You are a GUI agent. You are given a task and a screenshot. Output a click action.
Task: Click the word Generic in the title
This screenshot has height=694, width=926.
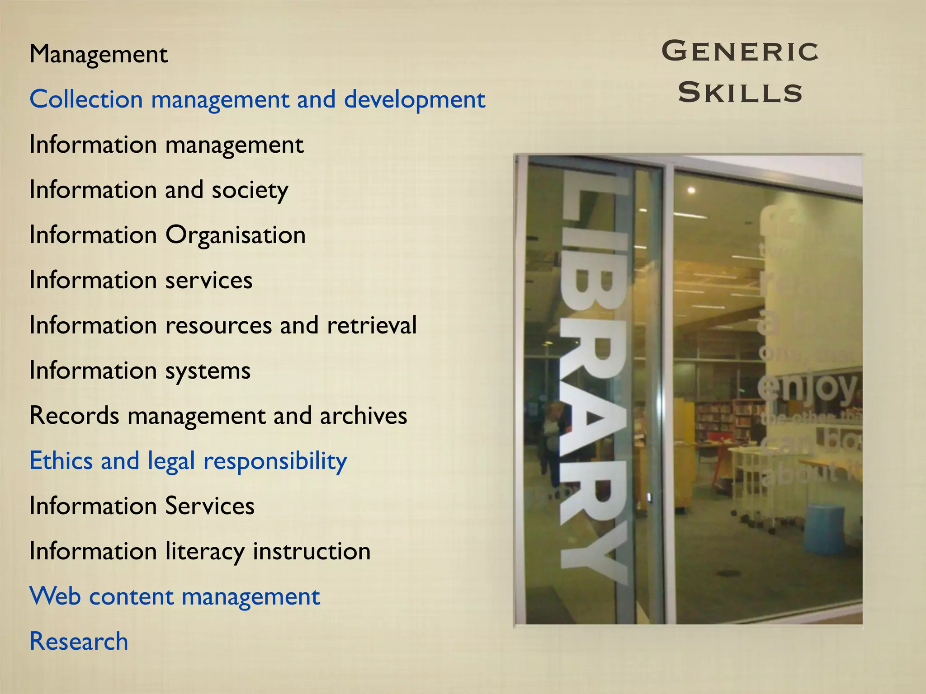(740, 51)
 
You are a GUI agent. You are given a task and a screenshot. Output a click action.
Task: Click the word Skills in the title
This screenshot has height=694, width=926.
(740, 93)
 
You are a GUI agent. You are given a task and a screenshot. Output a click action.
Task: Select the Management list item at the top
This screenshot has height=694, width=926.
(99, 54)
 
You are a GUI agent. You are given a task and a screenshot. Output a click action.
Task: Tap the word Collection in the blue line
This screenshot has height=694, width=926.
(86, 99)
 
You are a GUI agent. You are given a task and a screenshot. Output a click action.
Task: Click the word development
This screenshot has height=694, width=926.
(414, 100)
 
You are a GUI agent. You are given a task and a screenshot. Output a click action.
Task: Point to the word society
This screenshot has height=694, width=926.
(250, 190)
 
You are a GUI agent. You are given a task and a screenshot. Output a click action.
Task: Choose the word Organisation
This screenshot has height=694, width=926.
(236, 235)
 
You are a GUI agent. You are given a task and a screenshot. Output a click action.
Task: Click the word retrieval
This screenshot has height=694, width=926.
(372, 325)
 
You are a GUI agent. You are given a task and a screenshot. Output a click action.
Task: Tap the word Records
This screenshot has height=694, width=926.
(74, 416)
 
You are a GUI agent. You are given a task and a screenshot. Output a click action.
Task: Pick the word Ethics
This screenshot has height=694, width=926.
(61, 461)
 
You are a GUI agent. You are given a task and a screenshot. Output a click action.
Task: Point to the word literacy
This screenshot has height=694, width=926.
(204, 552)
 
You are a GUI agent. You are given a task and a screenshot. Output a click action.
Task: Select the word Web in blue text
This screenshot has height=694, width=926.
(55, 596)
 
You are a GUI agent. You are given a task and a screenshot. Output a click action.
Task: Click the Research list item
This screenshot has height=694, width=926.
(79, 642)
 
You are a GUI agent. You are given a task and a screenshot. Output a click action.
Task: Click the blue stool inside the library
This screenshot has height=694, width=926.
(826, 529)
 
